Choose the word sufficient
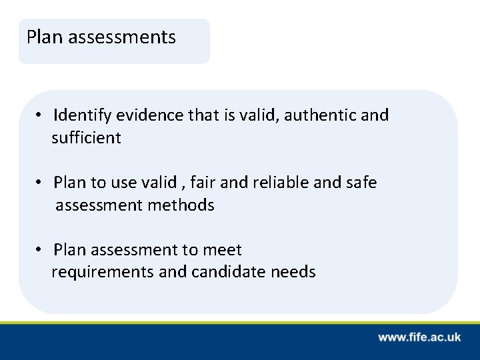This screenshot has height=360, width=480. pyautogui.click(x=87, y=138)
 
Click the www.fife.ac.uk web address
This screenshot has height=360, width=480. pyautogui.click(x=419, y=337)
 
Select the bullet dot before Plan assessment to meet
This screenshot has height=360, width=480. pyautogui.click(x=41, y=250)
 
